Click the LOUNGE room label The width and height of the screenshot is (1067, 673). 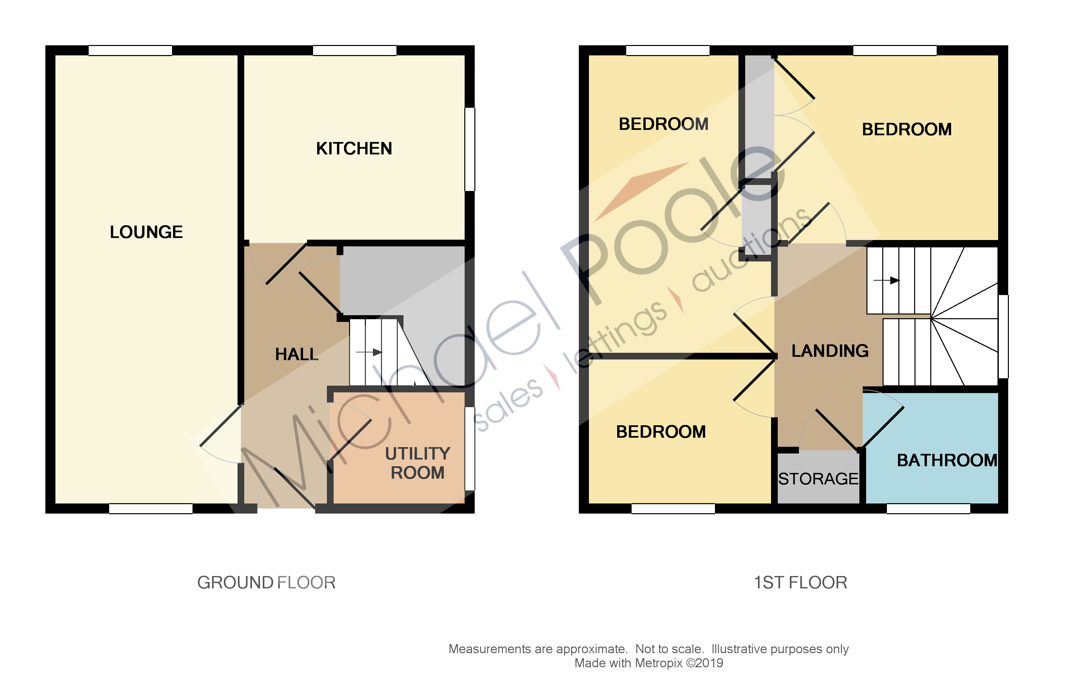click(146, 232)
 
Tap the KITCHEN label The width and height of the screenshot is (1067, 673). click(354, 149)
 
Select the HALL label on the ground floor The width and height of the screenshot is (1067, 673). click(296, 354)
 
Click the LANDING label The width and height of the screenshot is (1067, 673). click(829, 351)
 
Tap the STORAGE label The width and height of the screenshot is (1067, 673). click(818, 479)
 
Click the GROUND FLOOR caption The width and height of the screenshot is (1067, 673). click(266, 583)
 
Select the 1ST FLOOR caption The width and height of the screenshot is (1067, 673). click(800, 583)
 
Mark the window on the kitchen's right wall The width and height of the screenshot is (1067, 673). click(470, 149)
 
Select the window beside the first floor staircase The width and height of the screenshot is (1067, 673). click(1003, 336)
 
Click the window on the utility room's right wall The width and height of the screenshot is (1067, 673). click(470, 448)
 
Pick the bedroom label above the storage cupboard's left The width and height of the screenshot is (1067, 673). click(661, 432)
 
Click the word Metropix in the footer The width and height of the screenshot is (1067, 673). click(658, 663)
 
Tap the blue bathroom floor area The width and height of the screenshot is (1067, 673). click(931, 425)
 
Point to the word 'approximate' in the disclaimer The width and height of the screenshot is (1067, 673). click(592, 649)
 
